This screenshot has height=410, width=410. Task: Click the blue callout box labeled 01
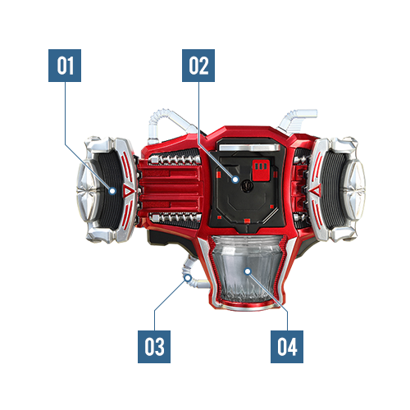pyautogui.click(x=65, y=66)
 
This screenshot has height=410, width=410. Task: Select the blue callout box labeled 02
pyautogui.click(x=198, y=66)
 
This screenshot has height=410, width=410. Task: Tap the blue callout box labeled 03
pyautogui.click(x=154, y=347)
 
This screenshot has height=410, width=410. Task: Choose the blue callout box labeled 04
pyautogui.click(x=287, y=347)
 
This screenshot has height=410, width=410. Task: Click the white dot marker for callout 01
pyautogui.click(x=112, y=191)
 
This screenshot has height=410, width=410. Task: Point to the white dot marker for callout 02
pyautogui.click(x=235, y=180)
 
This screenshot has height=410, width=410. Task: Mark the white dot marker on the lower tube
pyautogui.click(x=188, y=278)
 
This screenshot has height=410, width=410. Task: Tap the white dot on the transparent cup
pyautogui.click(x=248, y=271)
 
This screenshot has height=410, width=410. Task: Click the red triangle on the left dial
pyautogui.click(x=128, y=190)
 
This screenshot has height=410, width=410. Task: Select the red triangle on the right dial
pyautogui.click(x=316, y=190)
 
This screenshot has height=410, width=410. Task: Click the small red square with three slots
pyautogui.click(x=261, y=171)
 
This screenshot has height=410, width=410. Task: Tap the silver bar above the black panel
pyautogui.click(x=249, y=148)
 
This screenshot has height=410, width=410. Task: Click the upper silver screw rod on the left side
pyautogui.click(x=175, y=159)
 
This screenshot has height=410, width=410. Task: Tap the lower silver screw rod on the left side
pyautogui.click(x=175, y=218)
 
